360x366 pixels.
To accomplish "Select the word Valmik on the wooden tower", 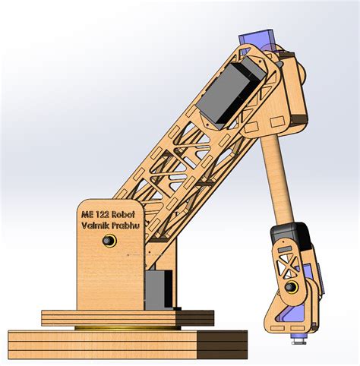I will [x=97, y=226].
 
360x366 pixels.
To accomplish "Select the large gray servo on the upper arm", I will [x=232, y=93].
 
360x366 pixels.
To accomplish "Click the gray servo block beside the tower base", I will [x=159, y=288].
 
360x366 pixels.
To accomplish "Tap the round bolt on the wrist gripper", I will [x=292, y=287].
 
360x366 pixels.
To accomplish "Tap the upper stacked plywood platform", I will [x=125, y=316].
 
